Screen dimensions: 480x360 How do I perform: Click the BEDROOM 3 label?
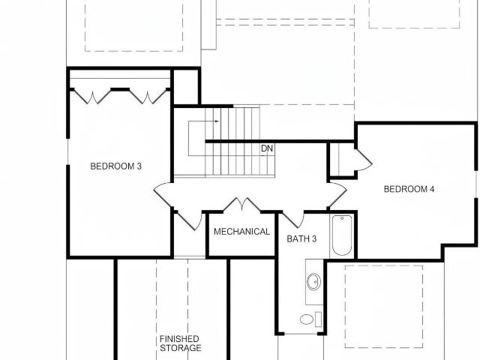[x=116, y=166]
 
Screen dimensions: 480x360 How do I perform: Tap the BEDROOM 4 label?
[x=409, y=189]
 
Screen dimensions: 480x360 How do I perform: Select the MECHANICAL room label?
[x=241, y=232]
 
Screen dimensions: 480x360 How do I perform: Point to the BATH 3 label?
[x=301, y=238]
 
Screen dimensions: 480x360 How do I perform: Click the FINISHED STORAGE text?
[x=181, y=343]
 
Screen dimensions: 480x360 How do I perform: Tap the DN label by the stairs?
[x=267, y=148]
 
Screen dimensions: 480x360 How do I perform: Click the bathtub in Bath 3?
[x=342, y=235]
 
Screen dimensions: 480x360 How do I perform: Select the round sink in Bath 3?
[x=313, y=282]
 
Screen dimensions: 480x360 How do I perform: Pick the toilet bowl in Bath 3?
[x=307, y=319]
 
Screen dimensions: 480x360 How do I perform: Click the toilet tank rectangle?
[x=318, y=319]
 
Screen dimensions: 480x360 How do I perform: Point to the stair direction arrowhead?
[x=217, y=121]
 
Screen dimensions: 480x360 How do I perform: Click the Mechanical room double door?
[x=242, y=205]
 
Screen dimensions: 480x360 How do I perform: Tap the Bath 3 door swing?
[x=293, y=220]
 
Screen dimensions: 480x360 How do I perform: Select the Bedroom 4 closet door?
[x=364, y=160]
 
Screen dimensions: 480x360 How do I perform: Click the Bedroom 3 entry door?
[x=162, y=195]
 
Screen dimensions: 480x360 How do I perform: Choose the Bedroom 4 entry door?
[x=337, y=195]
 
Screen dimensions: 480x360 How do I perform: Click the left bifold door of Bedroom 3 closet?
[x=92, y=97]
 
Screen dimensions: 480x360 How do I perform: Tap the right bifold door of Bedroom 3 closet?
[x=148, y=97]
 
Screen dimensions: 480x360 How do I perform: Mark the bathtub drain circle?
[x=342, y=218]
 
